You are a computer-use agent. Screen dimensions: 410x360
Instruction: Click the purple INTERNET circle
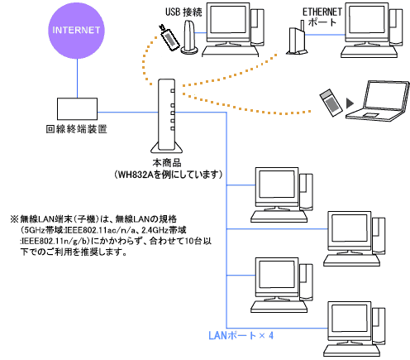point(77,31)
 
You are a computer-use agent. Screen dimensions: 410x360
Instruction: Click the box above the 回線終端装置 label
point(77,108)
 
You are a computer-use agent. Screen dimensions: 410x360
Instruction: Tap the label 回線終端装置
point(76,129)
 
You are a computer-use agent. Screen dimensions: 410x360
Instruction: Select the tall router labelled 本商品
point(166,116)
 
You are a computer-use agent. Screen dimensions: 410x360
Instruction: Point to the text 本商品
point(167,163)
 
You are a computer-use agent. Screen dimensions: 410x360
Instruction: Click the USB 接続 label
point(184,12)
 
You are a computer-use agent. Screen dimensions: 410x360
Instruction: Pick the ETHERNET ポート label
point(322,17)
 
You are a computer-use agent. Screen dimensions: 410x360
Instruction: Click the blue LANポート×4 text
point(241,335)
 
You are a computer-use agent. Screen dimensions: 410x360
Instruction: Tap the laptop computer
point(378,101)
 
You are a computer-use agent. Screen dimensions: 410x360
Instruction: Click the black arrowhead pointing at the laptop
point(350,103)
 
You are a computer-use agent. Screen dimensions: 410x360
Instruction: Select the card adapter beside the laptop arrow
point(331,103)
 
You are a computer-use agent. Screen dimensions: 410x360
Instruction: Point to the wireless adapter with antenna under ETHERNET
point(297,38)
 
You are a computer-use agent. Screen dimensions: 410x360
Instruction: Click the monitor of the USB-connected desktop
point(228,24)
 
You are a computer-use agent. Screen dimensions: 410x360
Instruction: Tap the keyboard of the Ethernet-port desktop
point(369,52)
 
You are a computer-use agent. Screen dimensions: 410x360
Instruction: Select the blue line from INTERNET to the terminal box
point(77,79)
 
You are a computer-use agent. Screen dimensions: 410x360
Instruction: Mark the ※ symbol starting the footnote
point(14,219)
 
